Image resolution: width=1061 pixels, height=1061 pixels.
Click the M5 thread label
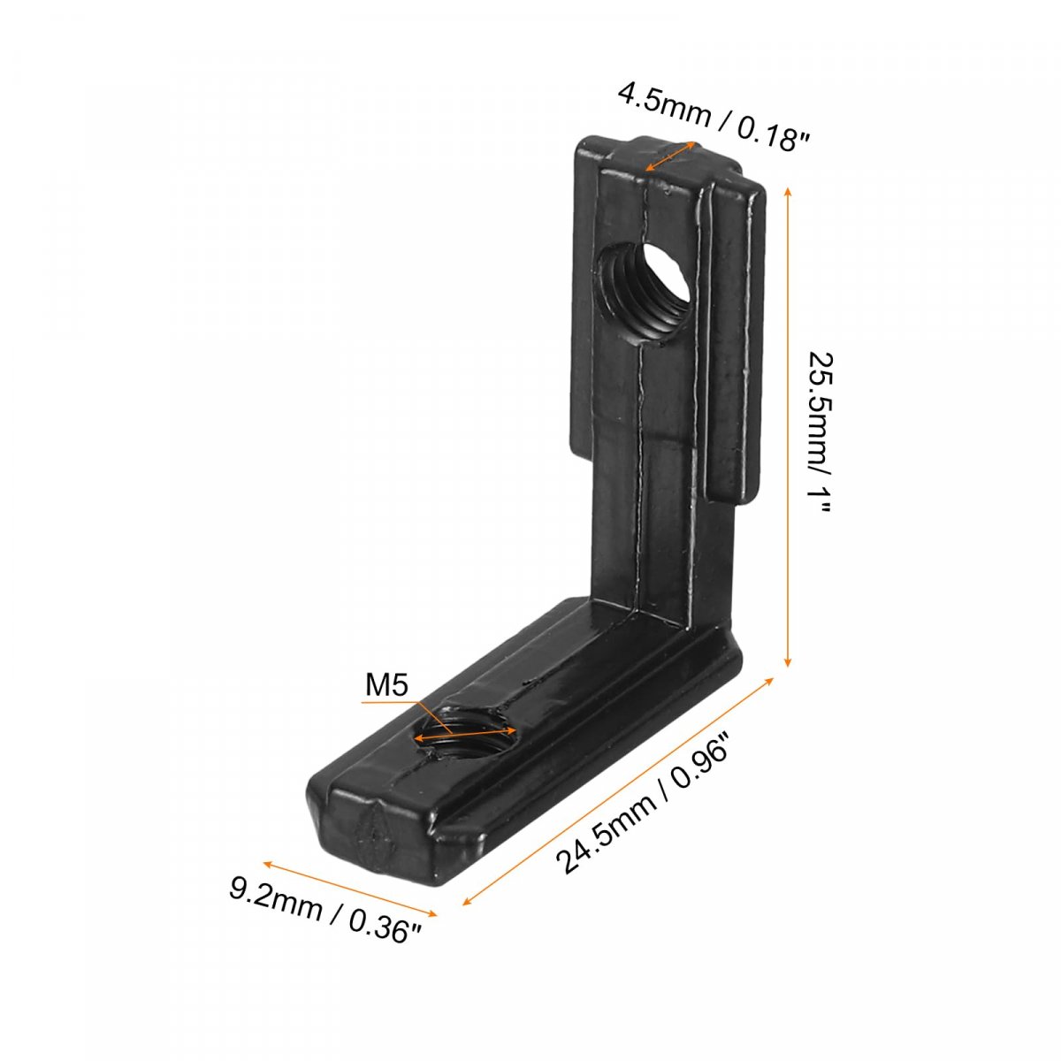387,685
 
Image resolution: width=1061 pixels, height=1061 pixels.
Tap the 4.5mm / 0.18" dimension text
714,116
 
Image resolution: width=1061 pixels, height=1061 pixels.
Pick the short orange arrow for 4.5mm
670,156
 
